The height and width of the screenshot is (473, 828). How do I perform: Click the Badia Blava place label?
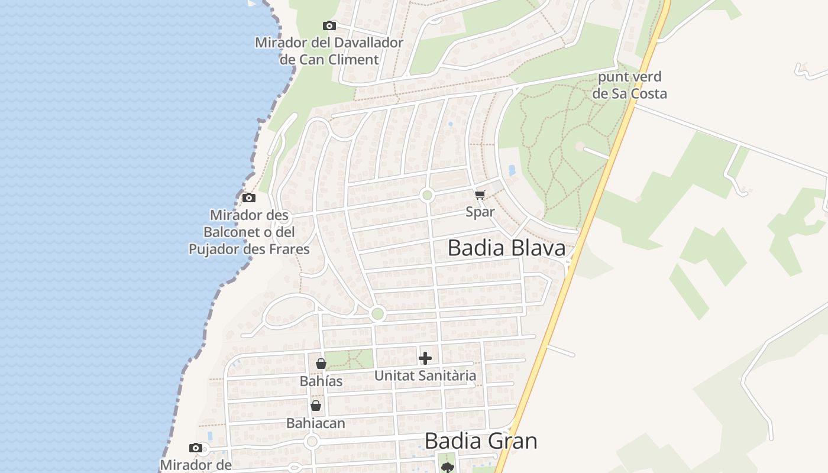506,248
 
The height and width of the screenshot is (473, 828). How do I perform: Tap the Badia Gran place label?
481,441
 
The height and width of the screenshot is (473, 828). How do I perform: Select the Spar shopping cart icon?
480,195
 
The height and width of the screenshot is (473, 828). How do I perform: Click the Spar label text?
480,212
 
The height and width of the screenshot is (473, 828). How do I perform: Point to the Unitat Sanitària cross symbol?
425,358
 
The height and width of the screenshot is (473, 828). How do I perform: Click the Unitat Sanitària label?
425,375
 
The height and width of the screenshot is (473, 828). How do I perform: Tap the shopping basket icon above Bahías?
321,364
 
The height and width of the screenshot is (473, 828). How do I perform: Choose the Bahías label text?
321,381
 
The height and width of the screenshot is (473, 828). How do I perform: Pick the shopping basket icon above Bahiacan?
316,406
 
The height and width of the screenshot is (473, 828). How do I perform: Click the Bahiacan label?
315,423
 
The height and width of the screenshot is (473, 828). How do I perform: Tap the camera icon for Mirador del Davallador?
329,25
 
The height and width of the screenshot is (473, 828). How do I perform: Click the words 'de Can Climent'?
329,59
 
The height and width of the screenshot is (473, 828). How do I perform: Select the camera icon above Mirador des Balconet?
249,197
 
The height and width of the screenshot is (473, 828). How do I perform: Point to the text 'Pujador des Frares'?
249,249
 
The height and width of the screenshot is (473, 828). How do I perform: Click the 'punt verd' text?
629,77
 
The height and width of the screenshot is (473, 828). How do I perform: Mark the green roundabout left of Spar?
427,195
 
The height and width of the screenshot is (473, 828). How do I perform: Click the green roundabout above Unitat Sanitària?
377,314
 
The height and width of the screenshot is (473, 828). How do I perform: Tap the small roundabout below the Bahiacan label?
312,442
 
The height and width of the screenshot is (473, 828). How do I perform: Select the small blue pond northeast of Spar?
512,170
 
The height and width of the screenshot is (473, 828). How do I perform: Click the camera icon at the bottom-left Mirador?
196,448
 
